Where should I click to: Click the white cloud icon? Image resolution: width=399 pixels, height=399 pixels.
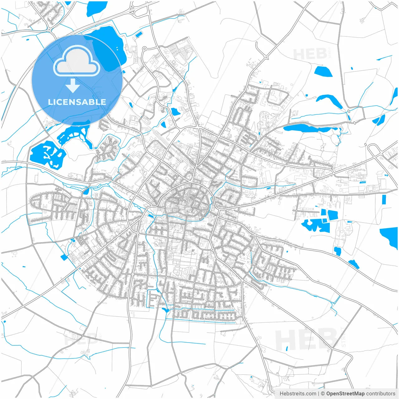point(77,61)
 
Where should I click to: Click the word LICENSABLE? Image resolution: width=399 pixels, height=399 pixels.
point(77,102)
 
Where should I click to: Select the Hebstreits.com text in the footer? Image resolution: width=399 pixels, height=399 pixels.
point(298,394)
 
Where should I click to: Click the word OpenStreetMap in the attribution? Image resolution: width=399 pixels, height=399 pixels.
point(345,394)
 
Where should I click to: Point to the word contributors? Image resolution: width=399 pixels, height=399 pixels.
point(380,394)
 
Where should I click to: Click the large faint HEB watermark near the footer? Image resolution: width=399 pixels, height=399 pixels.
point(305,340)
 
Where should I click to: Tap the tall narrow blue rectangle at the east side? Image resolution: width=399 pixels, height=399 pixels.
point(384,199)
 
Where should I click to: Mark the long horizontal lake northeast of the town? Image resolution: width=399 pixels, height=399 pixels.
point(307,128)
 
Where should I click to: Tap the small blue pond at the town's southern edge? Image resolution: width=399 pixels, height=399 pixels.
point(165,310)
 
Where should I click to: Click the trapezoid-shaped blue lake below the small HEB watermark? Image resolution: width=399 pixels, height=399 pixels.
point(323,71)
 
